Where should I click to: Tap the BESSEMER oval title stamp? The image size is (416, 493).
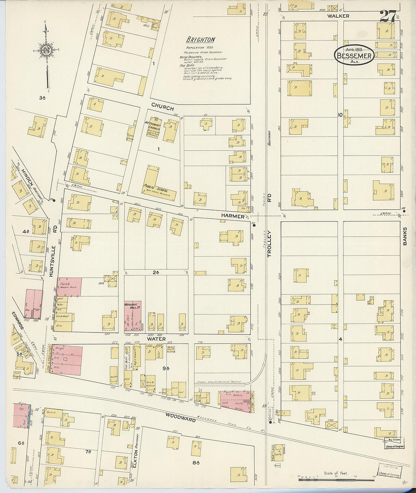coord(354,55)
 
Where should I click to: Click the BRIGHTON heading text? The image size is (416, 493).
coord(200,40)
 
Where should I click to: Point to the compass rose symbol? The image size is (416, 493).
coord(47,49)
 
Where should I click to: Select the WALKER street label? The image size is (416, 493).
coord(338,16)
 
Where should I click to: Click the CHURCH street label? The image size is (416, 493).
coord(163,107)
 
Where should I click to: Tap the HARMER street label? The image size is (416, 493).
coord(233,216)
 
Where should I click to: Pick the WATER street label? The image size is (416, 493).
coord(156,339)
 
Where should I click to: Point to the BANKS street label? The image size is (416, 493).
coord(405,236)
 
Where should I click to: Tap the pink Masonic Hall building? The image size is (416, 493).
coord(132,316)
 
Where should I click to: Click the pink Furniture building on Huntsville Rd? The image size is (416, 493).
coord(69,286)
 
